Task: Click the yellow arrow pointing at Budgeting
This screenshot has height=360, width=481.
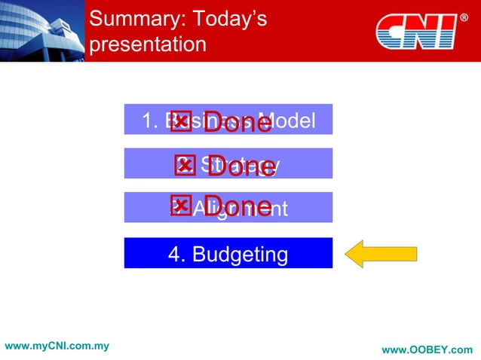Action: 381,255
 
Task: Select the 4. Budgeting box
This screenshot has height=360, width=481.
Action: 228,254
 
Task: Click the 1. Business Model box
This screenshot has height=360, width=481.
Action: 228,120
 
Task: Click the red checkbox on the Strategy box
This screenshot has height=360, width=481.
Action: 184,165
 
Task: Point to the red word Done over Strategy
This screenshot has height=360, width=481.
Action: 241,167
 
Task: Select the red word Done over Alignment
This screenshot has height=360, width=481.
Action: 237,207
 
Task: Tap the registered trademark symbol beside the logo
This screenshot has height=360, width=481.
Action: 464,17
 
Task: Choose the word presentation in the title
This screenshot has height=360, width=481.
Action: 147,44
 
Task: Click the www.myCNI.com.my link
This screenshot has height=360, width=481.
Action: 57,346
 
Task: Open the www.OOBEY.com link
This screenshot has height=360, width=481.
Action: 427,350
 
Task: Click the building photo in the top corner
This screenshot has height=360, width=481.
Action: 41,30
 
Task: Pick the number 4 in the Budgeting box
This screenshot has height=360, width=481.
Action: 174,255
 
